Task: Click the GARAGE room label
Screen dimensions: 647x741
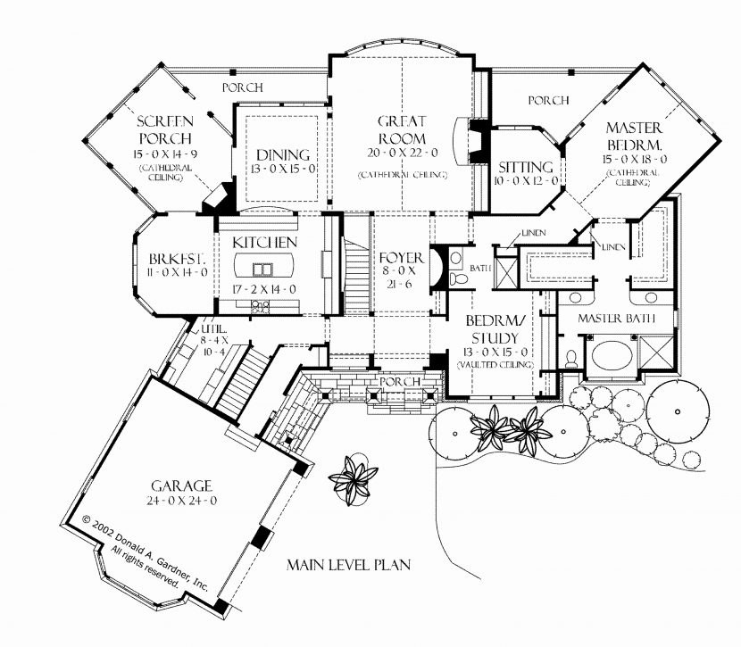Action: tap(181, 485)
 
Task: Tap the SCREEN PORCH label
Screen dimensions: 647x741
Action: tap(164, 129)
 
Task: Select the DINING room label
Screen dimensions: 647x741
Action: tap(281, 154)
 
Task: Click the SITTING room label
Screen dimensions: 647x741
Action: tap(526, 167)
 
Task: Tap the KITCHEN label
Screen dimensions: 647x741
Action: tap(265, 243)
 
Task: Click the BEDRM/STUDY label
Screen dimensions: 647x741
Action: tap(495, 329)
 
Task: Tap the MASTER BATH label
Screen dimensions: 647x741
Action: tap(617, 319)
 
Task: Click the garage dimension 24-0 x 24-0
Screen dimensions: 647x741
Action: tap(181, 501)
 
